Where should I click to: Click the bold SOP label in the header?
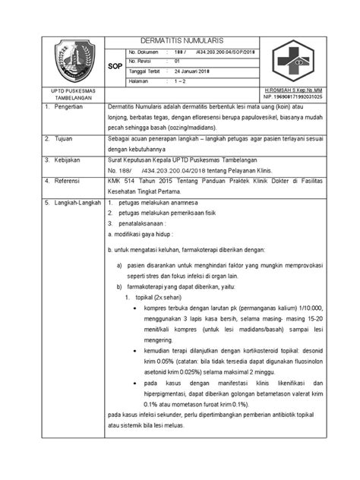(x=116, y=65)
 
